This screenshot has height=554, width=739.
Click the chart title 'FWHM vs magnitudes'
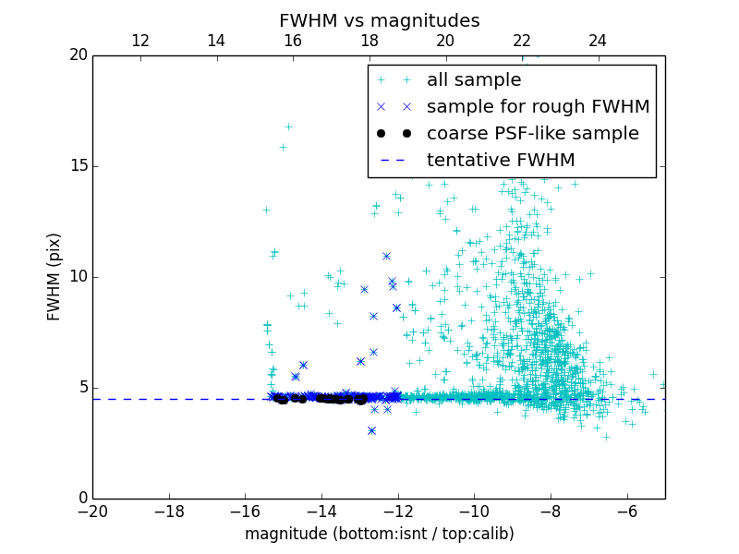pos(379,20)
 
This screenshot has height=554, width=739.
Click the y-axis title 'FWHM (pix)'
pos(55,277)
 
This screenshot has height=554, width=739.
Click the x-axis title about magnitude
pos(379,534)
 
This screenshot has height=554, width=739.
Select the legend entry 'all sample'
pos(474,80)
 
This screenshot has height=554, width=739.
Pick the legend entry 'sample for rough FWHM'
pos(538,107)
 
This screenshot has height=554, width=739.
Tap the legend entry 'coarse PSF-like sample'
pos(532,134)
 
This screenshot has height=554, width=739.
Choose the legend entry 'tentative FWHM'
pos(501,161)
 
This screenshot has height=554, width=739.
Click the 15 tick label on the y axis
pos(78,166)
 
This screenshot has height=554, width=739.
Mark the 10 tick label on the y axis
pos(78,277)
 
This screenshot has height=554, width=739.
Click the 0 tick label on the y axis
pos(82,499)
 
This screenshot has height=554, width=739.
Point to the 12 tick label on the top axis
pos(140,41)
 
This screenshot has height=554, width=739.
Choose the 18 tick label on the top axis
pos(369,41)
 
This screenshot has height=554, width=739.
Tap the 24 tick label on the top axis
pos(598,41)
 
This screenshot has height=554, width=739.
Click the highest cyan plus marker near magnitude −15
pos(288,126)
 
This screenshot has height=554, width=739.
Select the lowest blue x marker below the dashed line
pos(371,430)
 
